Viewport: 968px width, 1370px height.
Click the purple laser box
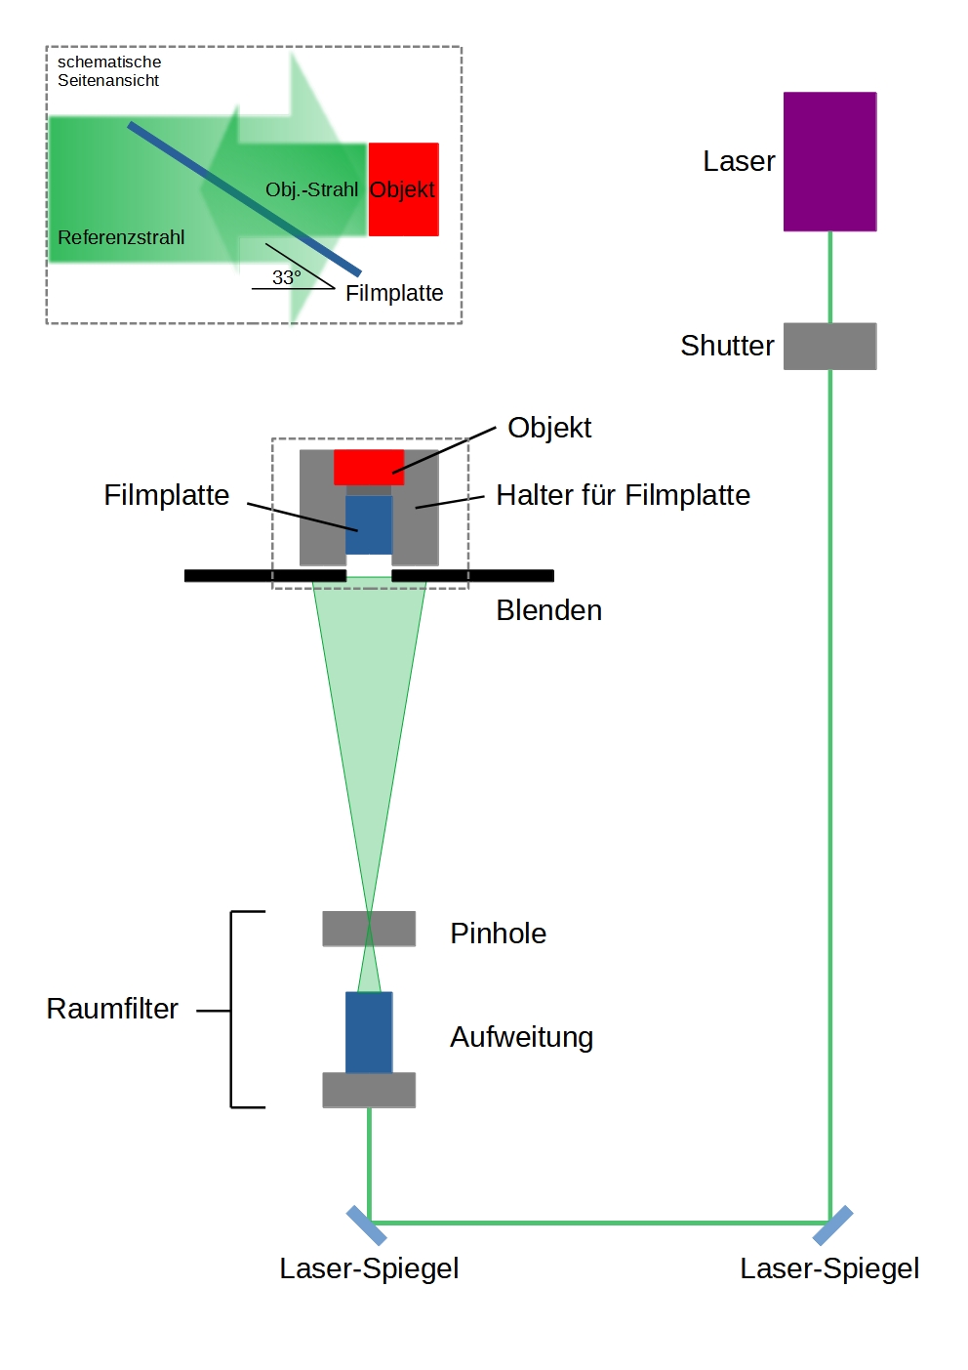coord(829,161)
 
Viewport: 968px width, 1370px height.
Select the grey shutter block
coord(829,346)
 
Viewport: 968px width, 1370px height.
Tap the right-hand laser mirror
coord(832,1225)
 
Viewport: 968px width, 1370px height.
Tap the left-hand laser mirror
coord(367,1225)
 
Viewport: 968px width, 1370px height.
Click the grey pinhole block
coord(369,929)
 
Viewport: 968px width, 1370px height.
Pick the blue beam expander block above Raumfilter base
coord(369,1032)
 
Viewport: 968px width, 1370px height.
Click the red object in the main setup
coord(369,467)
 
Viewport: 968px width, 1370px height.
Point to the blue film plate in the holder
coord(369,524)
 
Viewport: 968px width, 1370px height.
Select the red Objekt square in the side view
coord(403,189)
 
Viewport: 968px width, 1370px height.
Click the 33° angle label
coord(286,277)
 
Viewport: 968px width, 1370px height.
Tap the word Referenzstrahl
coord(121,237)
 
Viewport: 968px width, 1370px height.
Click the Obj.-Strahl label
coord(311,189)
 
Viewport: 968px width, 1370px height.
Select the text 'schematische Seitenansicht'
coord(108,71)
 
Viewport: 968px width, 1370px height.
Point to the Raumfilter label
coord(112,1009)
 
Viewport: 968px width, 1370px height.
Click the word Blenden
coord(548,610)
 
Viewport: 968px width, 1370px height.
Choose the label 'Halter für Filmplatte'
coord(623,495)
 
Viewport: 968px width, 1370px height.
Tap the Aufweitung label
coord(521,1037)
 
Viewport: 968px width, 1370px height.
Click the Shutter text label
coord(727,346)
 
